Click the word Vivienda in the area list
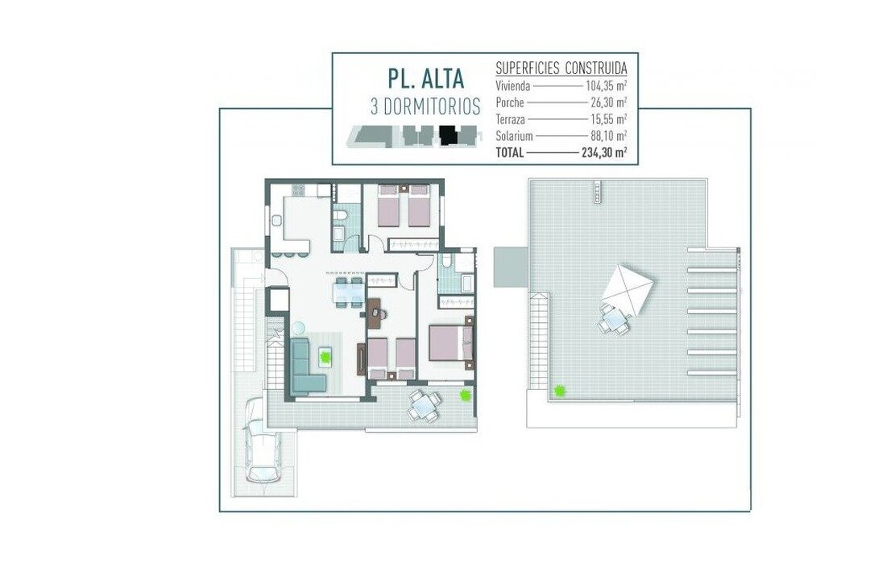click(x=512, y=86)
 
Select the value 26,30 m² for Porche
click(x=609, y=102)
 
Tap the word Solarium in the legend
click(x=514, y=135)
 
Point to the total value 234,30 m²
click(x=604, y=152)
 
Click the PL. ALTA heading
click(x=425, y=79)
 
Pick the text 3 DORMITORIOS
click(x=425, y=106)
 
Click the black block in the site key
click(x=447, y=135)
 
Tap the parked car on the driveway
click(x=263, y=441)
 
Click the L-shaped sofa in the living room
click(x=306, y=367)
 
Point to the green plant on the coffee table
click(x=325, y=356)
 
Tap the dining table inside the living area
click(x=349, y=291)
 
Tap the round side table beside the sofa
click(x=299, y=328)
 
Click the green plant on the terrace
click(x=465, y=395)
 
